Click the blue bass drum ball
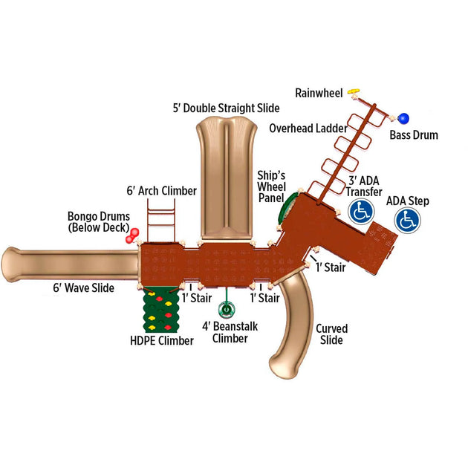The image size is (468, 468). point(403,118)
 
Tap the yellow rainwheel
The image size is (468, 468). point(354,90)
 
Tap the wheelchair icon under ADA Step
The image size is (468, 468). point(406,221)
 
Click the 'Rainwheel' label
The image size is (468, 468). point(319,93)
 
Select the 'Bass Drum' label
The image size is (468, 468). point(414,135)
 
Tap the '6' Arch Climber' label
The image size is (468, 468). point(162,191)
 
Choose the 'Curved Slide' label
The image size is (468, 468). point(331,334)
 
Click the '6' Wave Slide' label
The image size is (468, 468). point(83,287)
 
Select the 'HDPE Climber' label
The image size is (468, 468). point(161,341)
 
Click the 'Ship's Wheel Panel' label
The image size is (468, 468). point(270,186)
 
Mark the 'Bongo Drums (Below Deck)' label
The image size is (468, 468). point(99,221)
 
